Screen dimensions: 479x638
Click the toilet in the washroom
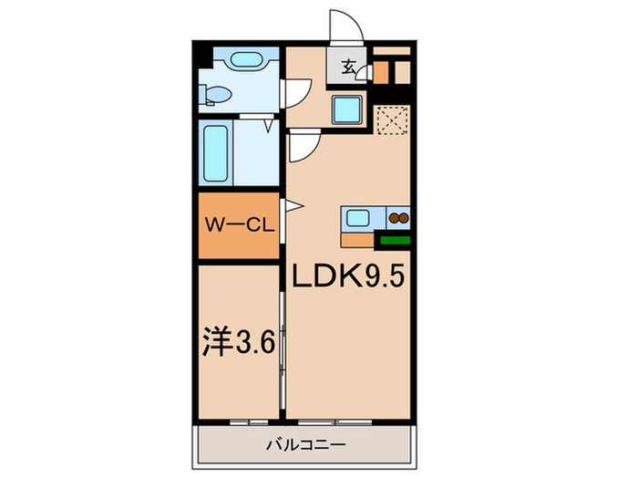213,93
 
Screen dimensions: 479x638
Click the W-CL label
240,225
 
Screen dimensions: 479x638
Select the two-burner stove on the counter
398,218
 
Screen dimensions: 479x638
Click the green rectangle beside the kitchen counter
395,241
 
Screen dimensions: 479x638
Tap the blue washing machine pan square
346,110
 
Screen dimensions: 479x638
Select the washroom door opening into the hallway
297,91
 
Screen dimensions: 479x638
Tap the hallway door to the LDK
303,143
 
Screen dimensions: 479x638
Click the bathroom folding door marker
268,125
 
